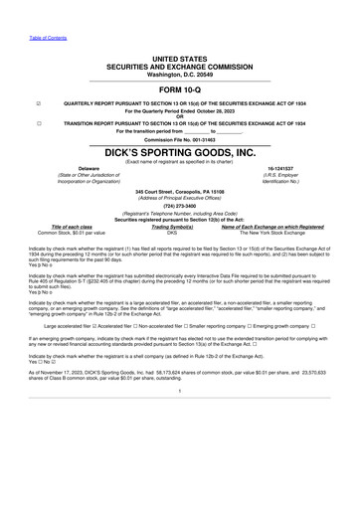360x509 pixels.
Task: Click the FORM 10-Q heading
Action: [x=179, y=90]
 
